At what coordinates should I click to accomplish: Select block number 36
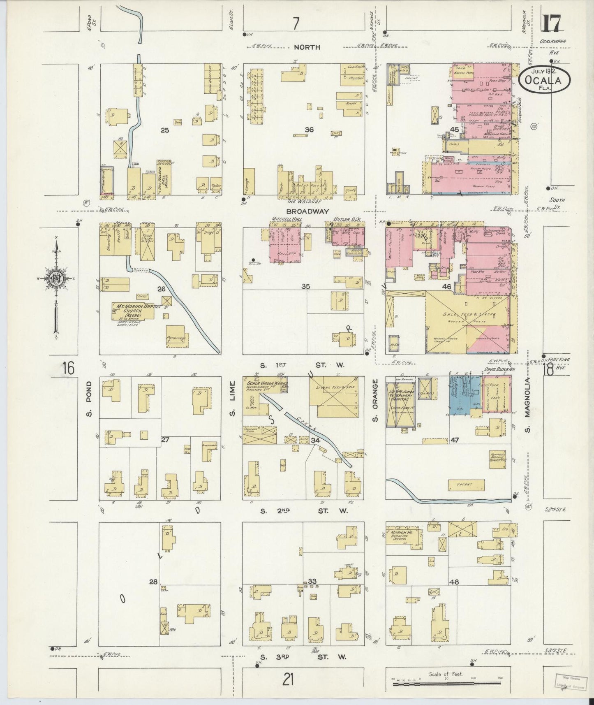309,130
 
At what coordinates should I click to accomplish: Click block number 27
165,440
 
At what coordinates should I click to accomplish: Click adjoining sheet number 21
289,680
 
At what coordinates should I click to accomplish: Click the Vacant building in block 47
466,485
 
